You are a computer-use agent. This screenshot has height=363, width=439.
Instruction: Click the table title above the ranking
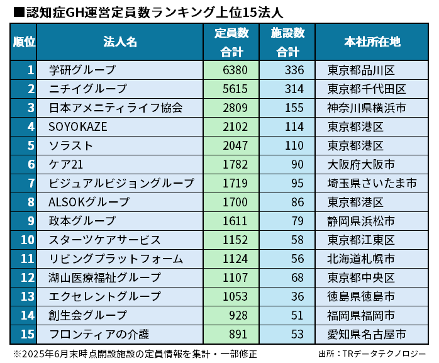click(148, 12)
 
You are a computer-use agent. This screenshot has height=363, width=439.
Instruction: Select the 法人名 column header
click(120, 42)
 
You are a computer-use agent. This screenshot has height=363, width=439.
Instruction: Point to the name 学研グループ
click(82, 69)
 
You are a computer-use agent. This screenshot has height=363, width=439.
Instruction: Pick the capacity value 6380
click(231, 69)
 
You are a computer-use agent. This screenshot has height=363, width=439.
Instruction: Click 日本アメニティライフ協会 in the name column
click(116, 108)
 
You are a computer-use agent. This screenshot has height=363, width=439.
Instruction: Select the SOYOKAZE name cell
click(78, 126)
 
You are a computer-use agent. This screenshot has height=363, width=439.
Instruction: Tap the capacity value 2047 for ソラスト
click(231, 145)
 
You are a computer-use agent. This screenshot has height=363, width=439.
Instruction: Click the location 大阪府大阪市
click(361, 164)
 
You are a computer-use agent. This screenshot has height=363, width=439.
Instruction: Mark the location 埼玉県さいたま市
click(372, 183)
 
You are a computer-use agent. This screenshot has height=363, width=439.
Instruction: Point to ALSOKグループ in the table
click(89, 202)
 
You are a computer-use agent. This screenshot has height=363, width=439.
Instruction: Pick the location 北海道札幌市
click(361, 259)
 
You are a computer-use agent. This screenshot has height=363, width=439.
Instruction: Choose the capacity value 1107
click(231, 277)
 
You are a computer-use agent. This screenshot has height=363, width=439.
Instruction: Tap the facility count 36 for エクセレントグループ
click(297, 296)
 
